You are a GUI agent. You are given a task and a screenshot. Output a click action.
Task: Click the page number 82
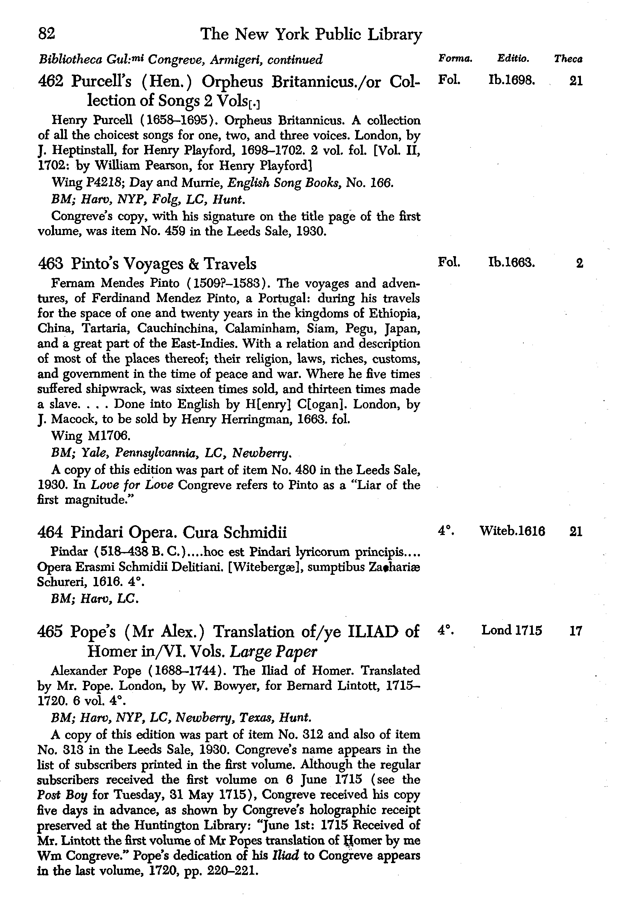(47, 34)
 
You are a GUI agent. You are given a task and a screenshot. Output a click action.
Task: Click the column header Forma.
(455, 59)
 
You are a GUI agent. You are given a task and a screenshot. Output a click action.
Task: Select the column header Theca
(568, 59)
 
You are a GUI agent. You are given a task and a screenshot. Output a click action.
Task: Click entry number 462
(51, 81)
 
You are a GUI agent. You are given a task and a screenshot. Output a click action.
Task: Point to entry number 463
(51, 263)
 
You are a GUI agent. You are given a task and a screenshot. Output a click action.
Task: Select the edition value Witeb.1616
(512, 531)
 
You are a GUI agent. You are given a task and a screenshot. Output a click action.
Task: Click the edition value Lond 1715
(511, 630)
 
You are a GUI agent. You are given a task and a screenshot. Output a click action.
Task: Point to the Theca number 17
(576, 631)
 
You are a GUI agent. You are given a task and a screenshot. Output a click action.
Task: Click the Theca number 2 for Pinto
(579, 263)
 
